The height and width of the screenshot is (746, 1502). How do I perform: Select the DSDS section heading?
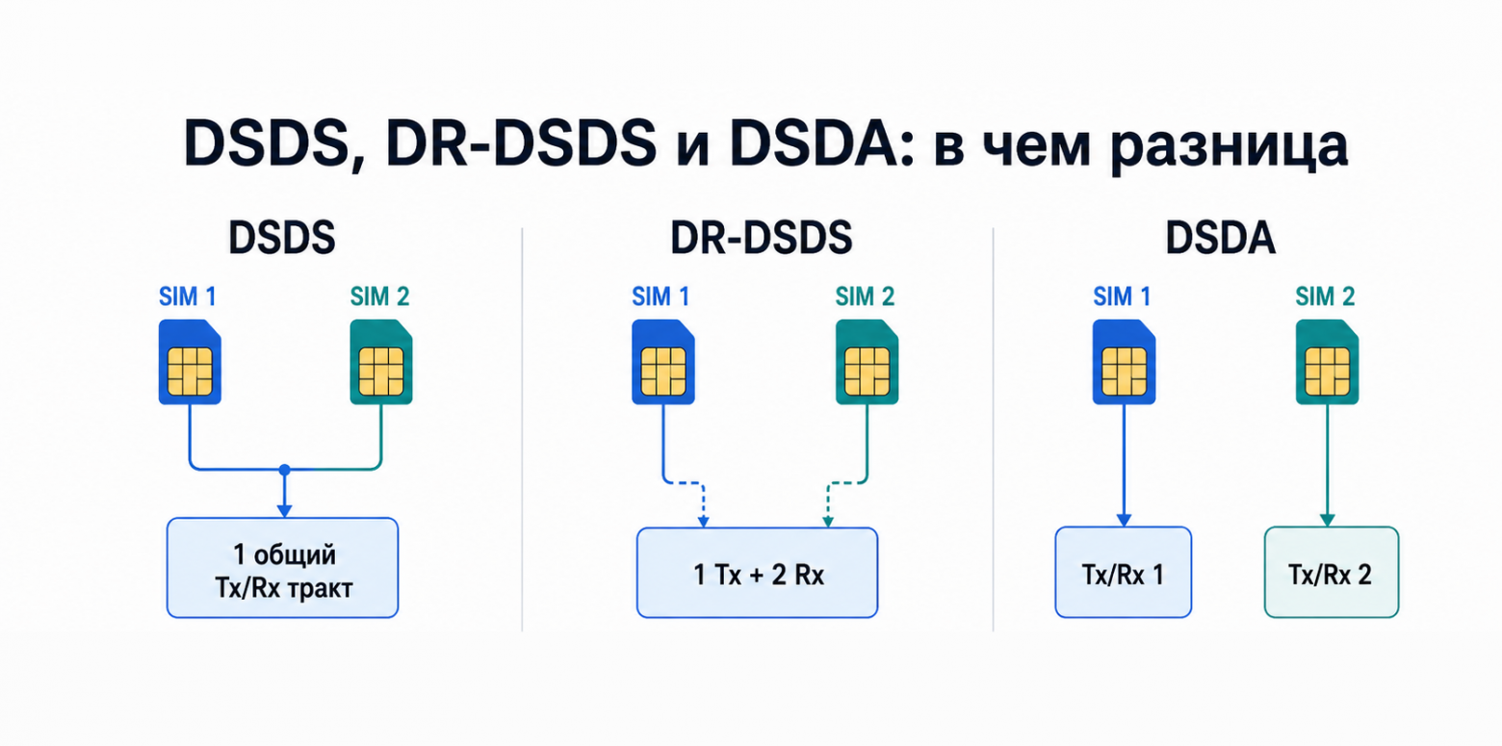281,238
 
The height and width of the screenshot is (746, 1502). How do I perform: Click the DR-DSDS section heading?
761,238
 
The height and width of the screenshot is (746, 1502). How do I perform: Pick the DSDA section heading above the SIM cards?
1221,238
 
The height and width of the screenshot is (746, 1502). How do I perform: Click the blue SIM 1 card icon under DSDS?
190,362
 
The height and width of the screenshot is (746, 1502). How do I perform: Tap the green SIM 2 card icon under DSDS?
381,362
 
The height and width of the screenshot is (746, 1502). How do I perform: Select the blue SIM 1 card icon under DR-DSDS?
663,362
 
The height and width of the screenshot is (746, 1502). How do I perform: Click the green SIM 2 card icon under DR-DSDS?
867,362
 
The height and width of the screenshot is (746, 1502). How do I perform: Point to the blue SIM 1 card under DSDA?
1124,362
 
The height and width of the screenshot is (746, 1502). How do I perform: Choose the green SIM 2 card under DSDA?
1327,362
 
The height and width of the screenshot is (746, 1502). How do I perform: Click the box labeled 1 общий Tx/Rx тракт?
282,568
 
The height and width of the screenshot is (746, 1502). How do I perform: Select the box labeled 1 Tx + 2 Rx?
757,573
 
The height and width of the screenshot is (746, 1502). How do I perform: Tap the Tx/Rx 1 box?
1124,572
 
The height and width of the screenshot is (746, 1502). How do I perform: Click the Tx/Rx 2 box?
1332,572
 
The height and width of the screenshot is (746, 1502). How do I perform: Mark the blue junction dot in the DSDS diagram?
284,470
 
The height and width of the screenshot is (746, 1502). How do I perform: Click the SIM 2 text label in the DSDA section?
1325,296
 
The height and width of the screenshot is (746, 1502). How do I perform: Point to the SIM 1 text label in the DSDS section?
187,296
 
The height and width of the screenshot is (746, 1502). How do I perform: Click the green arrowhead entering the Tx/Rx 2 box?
1327,520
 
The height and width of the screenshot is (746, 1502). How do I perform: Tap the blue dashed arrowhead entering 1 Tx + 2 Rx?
703,522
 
